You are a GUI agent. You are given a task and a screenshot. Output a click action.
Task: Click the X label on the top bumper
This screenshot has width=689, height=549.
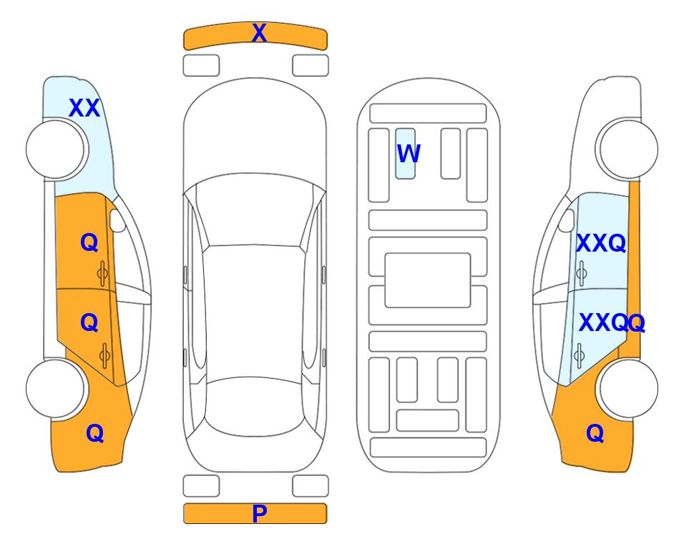point(259,33)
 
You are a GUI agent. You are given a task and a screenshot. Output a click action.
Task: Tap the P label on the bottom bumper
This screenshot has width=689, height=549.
point(259,513)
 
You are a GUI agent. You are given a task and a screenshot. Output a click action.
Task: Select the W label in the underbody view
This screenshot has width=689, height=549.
point(409,154)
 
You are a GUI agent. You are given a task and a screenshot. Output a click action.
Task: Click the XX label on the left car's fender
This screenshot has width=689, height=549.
point(84,108)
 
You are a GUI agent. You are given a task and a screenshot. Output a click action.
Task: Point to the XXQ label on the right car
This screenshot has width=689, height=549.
point(601,243)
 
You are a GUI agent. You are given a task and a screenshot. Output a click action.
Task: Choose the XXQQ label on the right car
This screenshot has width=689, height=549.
point(612,323)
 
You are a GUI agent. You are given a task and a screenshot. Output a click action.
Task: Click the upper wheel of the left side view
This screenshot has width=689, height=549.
point(55,149)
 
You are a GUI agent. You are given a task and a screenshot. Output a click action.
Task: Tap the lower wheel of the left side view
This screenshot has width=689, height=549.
point(55,388)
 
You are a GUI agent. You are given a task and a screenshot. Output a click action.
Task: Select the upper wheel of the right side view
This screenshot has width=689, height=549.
point(628,149)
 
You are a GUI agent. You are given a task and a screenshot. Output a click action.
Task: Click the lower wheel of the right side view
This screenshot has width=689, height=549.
point(628,388)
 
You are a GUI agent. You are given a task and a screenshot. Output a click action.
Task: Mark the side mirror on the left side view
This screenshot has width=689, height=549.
point(117,220)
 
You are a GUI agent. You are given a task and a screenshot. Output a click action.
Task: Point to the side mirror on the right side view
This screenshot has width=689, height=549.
point(567,220)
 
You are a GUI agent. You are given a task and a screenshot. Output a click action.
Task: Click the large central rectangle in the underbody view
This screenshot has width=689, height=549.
point(428,280)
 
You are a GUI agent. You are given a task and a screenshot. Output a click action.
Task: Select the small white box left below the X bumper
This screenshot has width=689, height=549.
point(201,66)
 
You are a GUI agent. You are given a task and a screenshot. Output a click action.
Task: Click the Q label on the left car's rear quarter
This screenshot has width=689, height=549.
point(95,433)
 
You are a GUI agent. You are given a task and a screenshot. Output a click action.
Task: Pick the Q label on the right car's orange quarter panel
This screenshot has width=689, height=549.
point(595,433)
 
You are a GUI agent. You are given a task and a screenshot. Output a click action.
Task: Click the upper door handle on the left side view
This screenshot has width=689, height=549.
point(102,274)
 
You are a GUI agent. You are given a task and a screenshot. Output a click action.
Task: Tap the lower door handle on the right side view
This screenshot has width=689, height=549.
point(579,355)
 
